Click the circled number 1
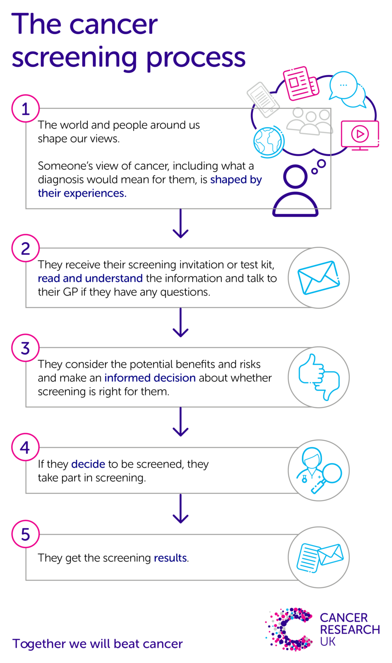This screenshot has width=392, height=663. [x=25, y=108]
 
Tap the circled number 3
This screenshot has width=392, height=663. [x=25, y=348]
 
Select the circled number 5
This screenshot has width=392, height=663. [x=25, y=534]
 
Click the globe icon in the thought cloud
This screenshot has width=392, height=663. [x=268, y=141]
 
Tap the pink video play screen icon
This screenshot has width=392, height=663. [x=360, y=135]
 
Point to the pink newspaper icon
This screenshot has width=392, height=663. [x=301, y=83]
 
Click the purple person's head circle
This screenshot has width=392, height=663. [x=295, y=177]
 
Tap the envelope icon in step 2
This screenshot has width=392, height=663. [x=319, y=278]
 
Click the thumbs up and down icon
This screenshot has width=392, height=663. [x=319, y=377]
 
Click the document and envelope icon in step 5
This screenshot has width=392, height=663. [x=319, y=557]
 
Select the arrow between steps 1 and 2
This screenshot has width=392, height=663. [x=180, y=224]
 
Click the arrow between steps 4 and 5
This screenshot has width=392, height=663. [x=180, y=509]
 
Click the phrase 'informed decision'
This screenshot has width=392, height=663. [x=150, y=378]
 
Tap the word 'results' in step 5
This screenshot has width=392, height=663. [x=170, y=558]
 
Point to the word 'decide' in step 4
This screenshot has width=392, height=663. [x=88, y=464]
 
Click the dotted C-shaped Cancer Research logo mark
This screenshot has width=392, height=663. [x=288, y=629]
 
